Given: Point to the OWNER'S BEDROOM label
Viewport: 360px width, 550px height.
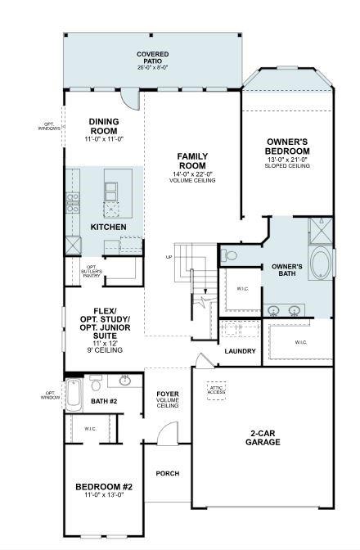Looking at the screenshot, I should point(287,147).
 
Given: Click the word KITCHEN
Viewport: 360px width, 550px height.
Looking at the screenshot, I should point(108,226).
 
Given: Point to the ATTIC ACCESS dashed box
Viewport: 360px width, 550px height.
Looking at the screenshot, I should point(216,390).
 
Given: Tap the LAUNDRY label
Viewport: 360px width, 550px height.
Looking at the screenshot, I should point(241,351).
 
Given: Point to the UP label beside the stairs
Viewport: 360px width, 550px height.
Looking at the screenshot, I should point(169,257).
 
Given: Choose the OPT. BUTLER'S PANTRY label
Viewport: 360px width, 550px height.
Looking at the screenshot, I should point(92,271).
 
